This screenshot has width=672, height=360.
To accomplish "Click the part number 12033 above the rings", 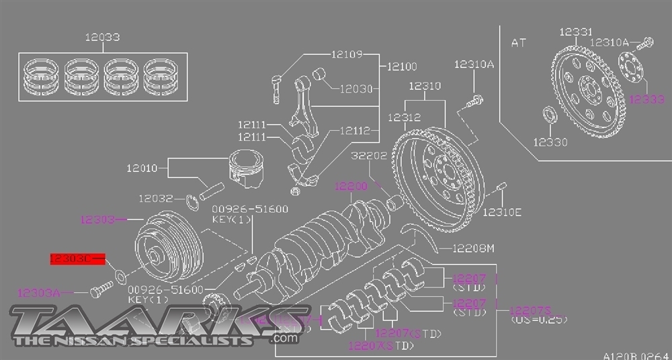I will coord(102,38).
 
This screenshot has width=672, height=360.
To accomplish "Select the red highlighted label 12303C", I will coord(72,258).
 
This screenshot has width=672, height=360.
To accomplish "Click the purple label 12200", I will coord(351,186).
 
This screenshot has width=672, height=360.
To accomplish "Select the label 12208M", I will coord(472,249).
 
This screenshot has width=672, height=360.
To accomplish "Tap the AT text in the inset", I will coord(519,43).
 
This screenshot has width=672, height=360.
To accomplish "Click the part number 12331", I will coord(575,32).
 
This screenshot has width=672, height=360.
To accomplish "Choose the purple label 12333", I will coord(646,99).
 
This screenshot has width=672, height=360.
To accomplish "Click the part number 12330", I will coord(550,142).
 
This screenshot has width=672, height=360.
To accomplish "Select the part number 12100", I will coord(402,66).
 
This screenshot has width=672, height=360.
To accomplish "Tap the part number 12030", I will coord(355,88).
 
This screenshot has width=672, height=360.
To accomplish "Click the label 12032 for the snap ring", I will coord(157,199).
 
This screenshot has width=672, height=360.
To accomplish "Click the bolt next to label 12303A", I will coord(99,291).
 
